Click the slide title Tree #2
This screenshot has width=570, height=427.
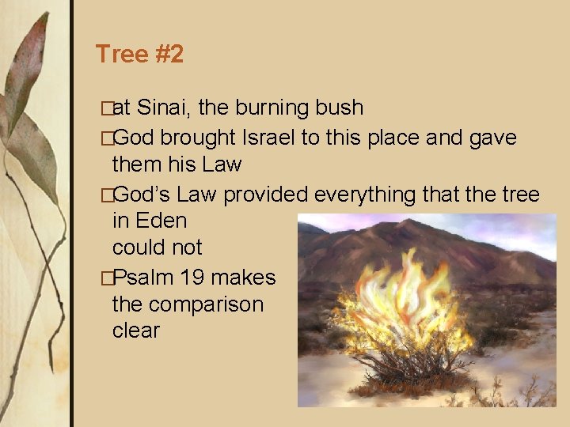coord(139,55)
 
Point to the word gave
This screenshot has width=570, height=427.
coord(492,138)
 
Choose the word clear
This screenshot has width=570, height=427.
coord(136,331)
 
